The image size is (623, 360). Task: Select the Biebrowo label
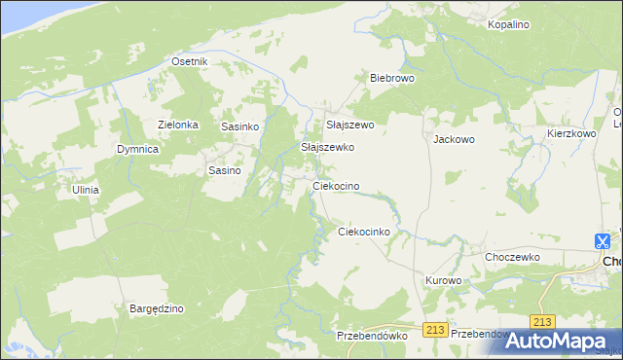[x=392, y=77]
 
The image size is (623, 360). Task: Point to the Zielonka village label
[x=178, y=125]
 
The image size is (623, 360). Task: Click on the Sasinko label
[x=238, y=126]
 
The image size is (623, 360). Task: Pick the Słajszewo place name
[x=349, y=126]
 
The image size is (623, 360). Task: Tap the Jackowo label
[x=454, y=139]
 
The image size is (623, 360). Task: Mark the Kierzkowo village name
[x=570, y=133]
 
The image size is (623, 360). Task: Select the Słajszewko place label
[x=327, y=147]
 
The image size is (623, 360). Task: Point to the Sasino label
[x=225, y=169]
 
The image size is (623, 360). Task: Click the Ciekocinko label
[x=363, y=232]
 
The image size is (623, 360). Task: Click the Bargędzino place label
[x=157, y=308]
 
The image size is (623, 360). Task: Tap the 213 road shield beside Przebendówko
[x=435, y=331]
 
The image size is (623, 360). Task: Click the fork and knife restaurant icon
[x=603, y=240]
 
